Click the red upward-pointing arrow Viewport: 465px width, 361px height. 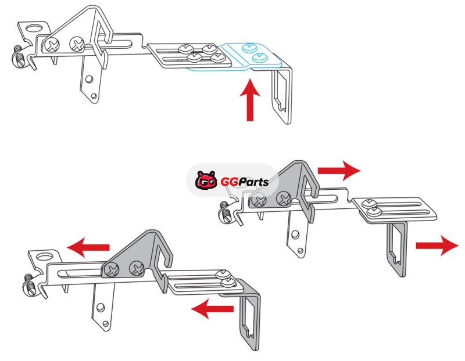[x=250, y=100]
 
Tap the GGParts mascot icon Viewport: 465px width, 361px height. [x=206, y=180]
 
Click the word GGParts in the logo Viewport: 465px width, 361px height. [x=244, y=182]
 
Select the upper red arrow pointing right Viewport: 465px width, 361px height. [x=339, y=171]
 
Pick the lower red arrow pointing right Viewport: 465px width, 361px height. [x=438, y=246]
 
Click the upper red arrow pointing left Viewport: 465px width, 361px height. [x=88, y=247]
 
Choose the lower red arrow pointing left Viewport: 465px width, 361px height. [x=212, y=309]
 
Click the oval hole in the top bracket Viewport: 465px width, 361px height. [x=34, y=28]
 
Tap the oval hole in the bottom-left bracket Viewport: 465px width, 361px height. [x=45, y=256]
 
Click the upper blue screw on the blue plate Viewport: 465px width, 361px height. [x=249, y=48]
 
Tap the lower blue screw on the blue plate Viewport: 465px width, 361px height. [x=259, y=57]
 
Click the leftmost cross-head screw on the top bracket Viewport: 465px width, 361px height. [x=52, y=45]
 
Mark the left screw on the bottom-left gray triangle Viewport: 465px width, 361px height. [x=112, y=270]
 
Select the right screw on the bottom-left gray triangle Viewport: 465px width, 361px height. [x=137, y=268]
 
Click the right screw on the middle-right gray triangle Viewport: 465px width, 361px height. [x=284, y=198]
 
